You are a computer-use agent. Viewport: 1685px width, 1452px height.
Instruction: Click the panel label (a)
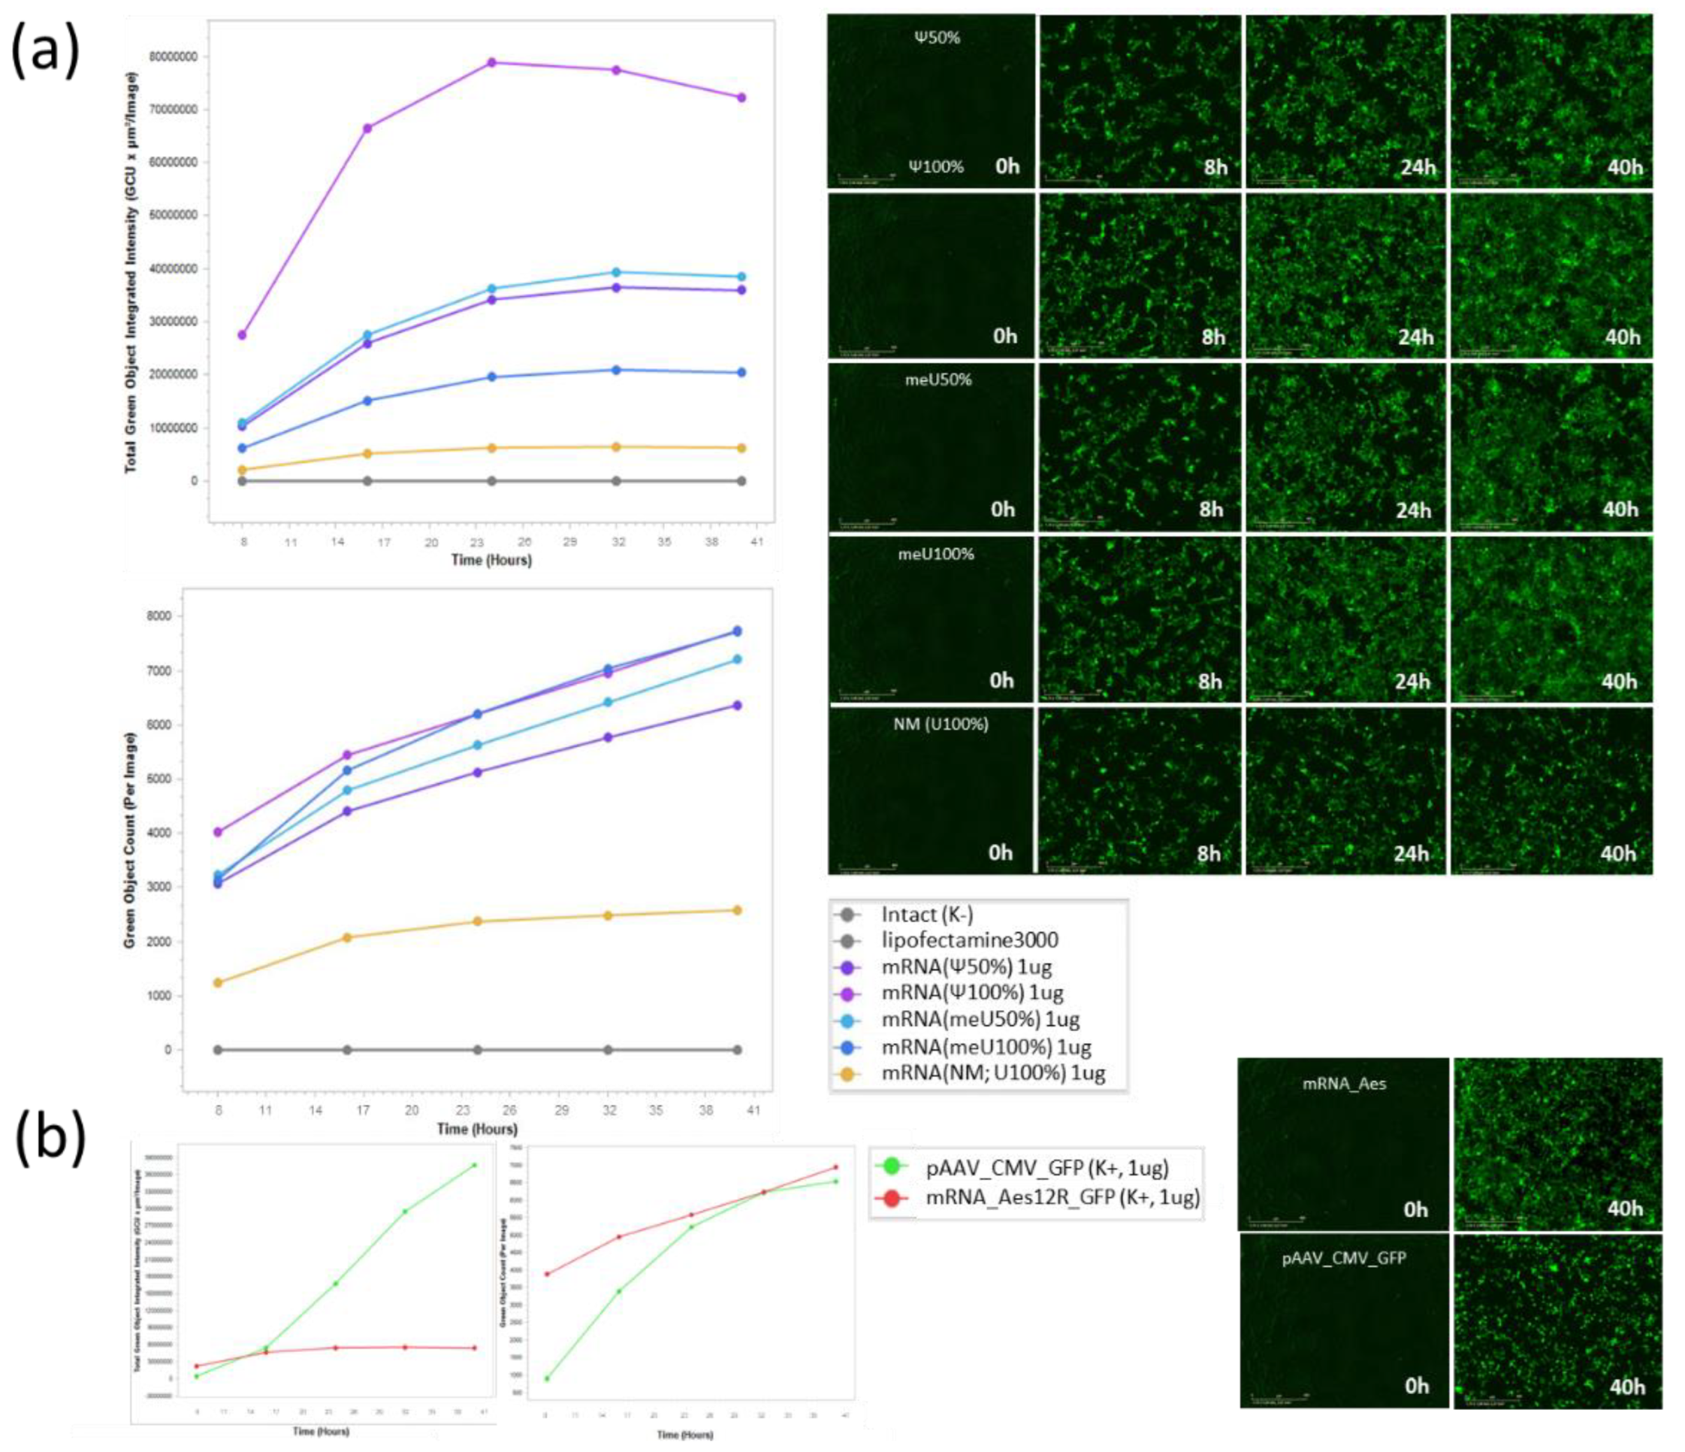pos(45,50)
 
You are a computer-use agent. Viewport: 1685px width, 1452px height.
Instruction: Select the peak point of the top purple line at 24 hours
pos(491,62)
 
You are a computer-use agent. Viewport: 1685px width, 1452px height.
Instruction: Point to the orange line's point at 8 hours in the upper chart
pos(243,470)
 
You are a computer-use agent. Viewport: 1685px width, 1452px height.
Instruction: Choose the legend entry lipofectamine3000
pos(969,940)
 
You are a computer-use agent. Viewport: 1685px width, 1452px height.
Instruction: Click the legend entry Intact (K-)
pos(927,915)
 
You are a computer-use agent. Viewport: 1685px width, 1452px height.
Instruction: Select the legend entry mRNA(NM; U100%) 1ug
pos(993,1073)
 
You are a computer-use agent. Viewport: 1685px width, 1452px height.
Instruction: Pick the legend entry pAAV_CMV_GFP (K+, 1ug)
pos(1046,1167)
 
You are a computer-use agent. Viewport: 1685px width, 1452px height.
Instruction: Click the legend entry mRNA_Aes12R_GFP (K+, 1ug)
pos(1062,1197)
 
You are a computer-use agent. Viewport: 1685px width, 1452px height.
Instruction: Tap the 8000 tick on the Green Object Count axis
pos(160,616)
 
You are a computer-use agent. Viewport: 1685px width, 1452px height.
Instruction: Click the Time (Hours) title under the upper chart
pos(491,560)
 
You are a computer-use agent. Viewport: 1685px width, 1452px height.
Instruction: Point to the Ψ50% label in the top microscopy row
pos(937,38)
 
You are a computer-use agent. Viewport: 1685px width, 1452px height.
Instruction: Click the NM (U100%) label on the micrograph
pos(940,724)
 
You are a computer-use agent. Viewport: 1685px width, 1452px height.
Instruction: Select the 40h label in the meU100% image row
pos(1619,682)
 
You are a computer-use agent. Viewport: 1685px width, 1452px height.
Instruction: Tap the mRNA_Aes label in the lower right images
pos(1344,1084)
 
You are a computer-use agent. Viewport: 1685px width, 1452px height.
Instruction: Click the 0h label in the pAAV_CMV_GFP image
pos(1417,1386)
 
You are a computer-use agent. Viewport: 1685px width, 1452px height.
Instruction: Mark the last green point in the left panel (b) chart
pos(475,1165)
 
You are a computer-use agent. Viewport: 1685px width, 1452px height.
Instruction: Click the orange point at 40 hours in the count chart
pos(737,910)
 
